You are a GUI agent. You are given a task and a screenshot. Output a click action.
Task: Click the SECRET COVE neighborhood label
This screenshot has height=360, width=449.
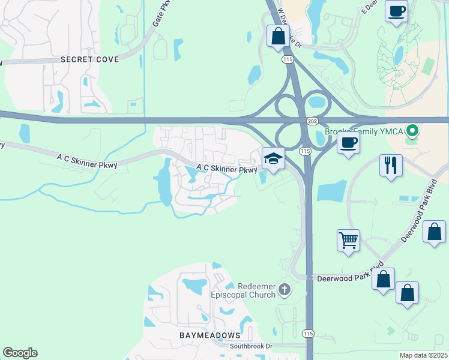point(89,59)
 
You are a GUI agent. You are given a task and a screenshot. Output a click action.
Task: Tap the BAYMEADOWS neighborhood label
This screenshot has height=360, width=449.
point(210,335)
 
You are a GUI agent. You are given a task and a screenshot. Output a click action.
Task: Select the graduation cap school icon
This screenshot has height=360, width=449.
point(273,159)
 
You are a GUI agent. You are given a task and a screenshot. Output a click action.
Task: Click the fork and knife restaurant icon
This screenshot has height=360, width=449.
point(391,164)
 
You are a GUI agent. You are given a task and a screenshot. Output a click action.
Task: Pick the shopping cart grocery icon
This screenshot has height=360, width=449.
point(348,240)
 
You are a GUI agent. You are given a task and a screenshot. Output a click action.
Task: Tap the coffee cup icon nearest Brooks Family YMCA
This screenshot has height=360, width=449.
point(348,143)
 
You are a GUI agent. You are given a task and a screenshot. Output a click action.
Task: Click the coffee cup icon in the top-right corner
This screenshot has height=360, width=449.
point(396,11)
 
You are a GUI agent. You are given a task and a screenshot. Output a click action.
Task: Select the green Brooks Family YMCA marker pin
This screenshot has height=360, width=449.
point(411,130)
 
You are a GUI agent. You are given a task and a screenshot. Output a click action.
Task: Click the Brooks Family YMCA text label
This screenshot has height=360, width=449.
point(365,131)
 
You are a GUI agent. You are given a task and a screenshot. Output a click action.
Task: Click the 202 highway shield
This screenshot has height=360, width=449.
point(312,121)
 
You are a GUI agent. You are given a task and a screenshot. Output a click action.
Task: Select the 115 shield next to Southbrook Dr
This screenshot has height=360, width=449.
point(308,334)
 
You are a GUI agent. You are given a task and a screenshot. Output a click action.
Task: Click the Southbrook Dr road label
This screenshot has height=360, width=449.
point(251,346)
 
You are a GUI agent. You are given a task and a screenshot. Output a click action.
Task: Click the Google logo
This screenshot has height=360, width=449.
point(20,353)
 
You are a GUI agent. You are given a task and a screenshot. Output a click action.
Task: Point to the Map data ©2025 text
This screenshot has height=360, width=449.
point(423,355)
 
